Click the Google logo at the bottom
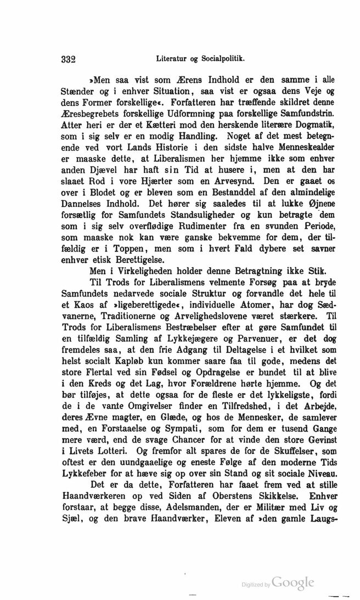pos(292,582)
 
